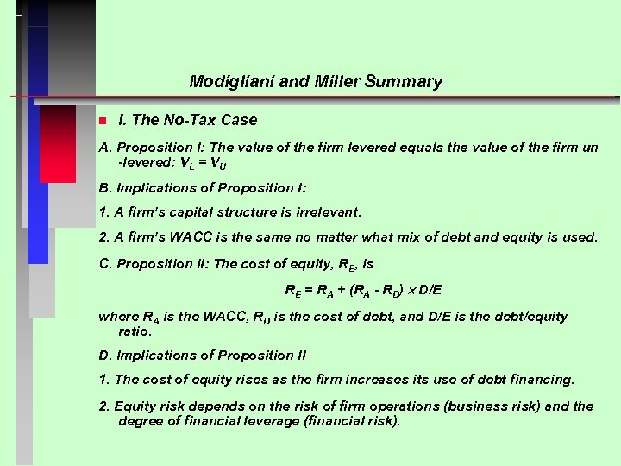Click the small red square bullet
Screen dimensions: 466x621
click(102, 121)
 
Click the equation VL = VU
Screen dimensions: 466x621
click(203, 162)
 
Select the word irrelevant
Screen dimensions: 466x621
click(324, 211)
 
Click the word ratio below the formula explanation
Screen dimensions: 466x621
click(135, 331)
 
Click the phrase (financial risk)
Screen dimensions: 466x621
click(351, 421)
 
